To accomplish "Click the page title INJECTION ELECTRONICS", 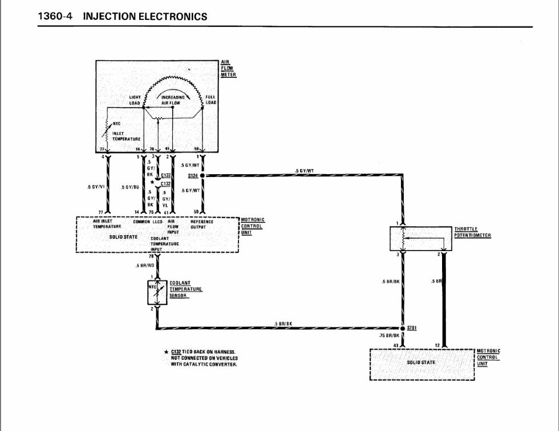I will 145,17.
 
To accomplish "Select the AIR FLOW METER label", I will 228,68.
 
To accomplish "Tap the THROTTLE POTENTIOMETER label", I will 472,232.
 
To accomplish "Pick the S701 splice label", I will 412,328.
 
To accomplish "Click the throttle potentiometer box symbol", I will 421,238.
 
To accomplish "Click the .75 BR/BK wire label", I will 389,336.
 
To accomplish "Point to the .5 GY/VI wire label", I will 95,186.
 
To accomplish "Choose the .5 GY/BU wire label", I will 131,186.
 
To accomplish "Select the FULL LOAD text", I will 210,100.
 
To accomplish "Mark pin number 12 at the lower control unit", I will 437,346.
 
